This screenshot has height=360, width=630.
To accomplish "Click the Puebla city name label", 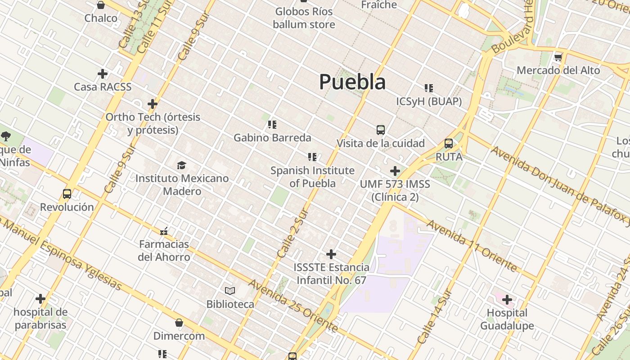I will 352,82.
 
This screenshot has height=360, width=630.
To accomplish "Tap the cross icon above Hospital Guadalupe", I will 507,299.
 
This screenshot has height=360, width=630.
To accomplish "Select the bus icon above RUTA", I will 449,144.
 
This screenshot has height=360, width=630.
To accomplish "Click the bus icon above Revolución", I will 67,194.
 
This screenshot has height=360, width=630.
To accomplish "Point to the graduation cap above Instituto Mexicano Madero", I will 181,165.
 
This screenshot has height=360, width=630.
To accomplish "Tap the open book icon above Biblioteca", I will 230,291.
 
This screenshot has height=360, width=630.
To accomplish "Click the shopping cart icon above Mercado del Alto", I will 558,57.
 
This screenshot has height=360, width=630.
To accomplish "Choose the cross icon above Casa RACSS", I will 103,73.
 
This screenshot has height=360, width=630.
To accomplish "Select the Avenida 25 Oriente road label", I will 292,306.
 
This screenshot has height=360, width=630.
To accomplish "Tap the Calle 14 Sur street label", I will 434,317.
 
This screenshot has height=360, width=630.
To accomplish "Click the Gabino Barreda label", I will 272,137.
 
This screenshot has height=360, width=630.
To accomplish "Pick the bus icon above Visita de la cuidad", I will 381,130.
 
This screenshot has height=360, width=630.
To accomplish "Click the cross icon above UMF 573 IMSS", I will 395,171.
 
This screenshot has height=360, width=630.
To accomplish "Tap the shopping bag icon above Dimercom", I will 179,323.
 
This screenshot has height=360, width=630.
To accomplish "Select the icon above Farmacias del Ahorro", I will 164,231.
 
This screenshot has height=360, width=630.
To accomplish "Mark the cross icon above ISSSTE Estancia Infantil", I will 331,254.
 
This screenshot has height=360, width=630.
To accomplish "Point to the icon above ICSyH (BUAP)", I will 429,88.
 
